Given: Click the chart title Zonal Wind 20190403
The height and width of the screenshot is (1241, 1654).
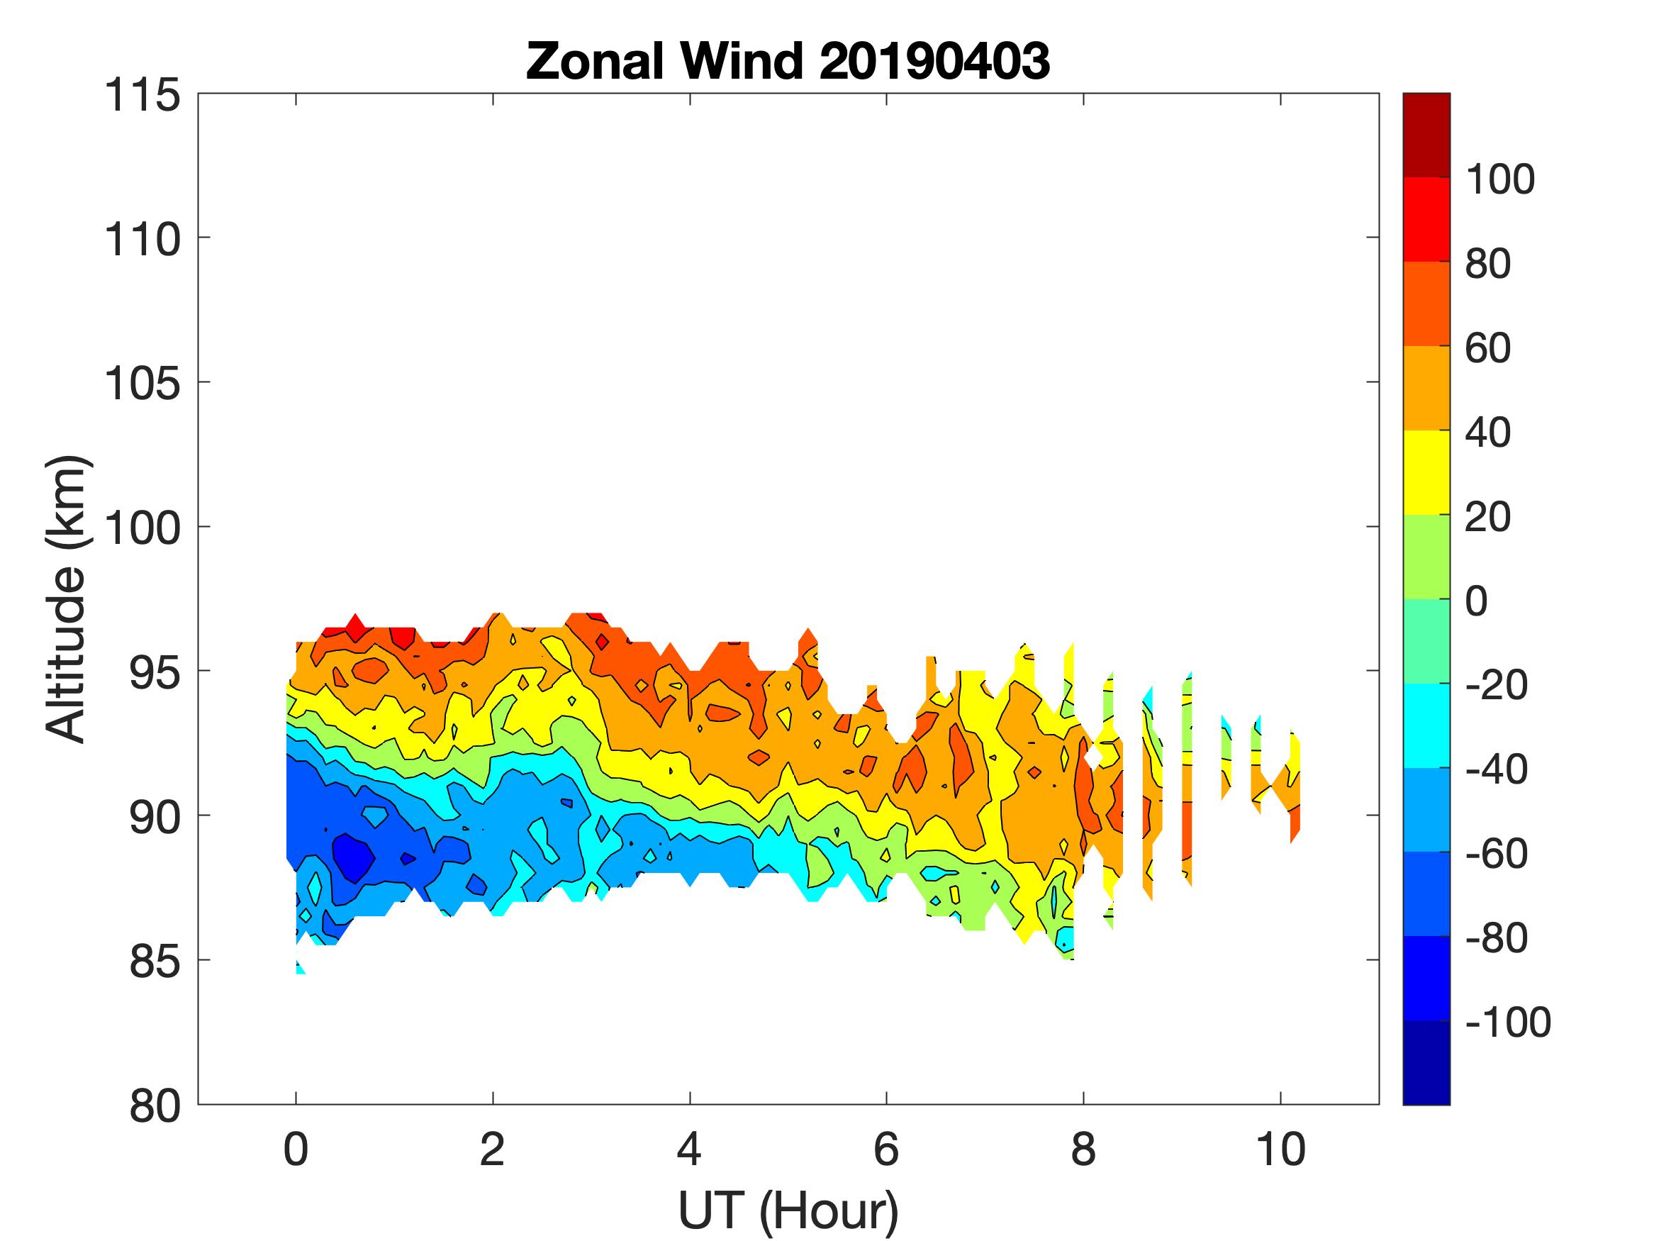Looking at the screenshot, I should click(x=788, y=61).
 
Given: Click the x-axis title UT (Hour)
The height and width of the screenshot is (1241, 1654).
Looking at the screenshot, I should click(x=788, y=1211).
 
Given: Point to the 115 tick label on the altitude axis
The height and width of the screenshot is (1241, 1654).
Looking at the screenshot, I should click(x=142, y=96).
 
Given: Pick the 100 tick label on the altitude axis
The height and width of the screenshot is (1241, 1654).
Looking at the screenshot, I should click(x=142, y=528).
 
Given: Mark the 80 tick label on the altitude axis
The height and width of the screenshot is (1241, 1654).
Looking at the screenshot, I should click(x=155, y=1106).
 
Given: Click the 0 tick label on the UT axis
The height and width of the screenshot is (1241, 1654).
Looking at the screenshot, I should click(x=296, y=1150).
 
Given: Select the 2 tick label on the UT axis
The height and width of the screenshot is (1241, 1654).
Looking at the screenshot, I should click(x=492, y=1150).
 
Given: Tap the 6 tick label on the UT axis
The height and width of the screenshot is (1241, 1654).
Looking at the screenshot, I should click(x=886, y=1150).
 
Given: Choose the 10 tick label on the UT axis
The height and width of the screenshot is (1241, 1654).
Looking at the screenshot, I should click(x=1281, y=1150).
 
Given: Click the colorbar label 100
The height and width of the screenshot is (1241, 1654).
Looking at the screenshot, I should click(x=1499, y=179).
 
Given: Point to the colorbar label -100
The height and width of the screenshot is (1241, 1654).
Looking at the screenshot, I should click(x=1507, y=1022).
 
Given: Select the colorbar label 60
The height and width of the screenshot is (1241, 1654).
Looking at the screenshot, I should click(x=1487, y=349).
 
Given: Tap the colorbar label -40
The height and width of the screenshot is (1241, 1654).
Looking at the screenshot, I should click(x=1496, y=769).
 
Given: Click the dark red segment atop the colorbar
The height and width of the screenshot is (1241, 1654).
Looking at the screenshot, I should click(x=1426, y=135).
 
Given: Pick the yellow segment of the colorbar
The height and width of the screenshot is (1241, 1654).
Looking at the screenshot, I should click(x=1426, y=472).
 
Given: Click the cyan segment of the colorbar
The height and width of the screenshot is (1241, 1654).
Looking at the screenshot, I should click(x=1426, y=725).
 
